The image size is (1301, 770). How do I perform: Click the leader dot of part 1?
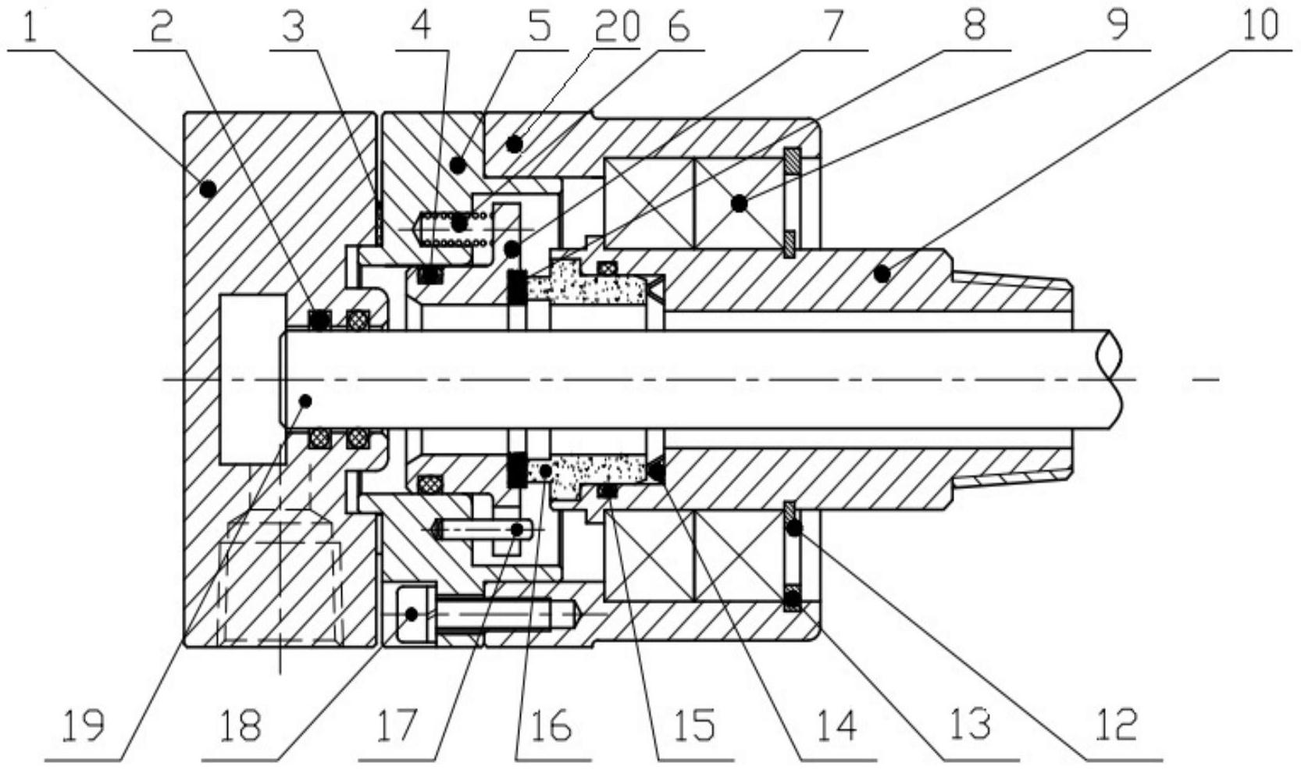coord(208,188)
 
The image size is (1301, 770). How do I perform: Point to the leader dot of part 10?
coord(882,273)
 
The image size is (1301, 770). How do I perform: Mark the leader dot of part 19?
coord(305,401)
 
